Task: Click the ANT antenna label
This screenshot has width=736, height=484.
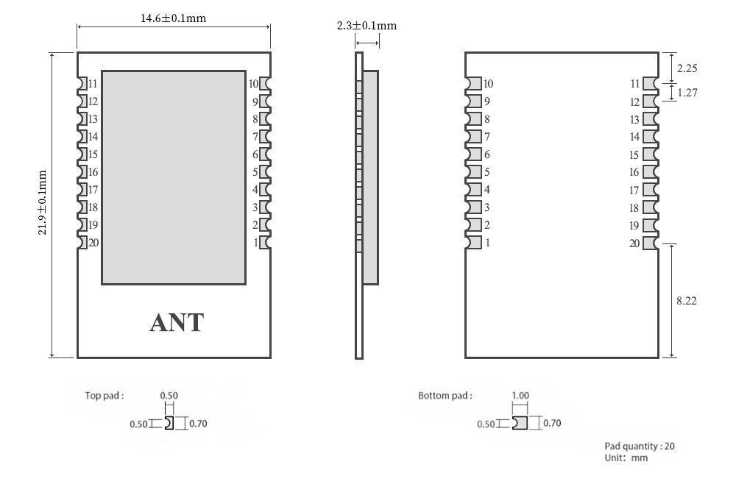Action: tap(177, 322)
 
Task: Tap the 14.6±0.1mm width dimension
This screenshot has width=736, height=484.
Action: tap(174, 18)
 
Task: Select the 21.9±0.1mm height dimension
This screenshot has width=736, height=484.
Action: tap(42, 202)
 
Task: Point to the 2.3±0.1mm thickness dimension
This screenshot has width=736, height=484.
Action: tap(367, 26)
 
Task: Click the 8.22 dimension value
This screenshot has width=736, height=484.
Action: tap(687, 300)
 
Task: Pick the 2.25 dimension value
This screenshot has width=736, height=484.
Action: tap(687, 68)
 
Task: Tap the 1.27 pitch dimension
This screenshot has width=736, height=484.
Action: tap(687, 93)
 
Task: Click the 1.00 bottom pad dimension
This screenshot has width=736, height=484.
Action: tap(520, 396)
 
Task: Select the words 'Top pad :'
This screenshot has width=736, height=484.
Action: tap(105, 396)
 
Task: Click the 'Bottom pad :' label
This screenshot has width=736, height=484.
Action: tap(445, 396)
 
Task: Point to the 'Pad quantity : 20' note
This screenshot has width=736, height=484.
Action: tap(640, 446)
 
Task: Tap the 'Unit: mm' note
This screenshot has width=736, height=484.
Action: tap(626, 458)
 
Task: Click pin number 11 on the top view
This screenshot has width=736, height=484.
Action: tap(93, 84)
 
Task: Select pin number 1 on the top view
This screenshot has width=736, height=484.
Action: tap(255, 243)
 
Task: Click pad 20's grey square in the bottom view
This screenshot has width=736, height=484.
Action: tap(650, 243)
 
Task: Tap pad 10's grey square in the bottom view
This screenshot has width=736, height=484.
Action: tap(474, 84)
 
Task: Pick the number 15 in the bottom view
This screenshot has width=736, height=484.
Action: tap(634, 155)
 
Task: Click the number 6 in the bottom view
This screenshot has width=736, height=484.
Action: tap(486, 154)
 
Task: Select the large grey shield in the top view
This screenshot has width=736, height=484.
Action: tap(173, 177)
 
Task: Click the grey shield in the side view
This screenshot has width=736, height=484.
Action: tap(370, 177)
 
